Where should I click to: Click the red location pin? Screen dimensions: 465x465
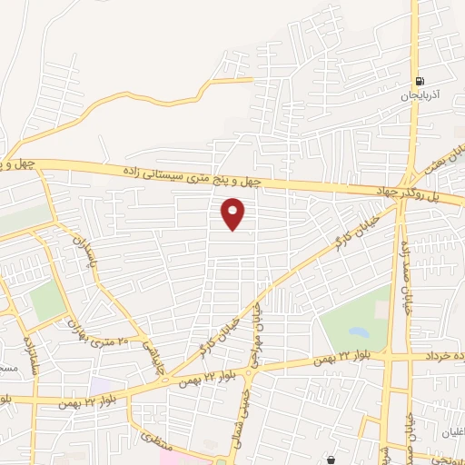[x=234, y=214]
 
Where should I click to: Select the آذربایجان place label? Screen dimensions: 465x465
[x=418, y=94]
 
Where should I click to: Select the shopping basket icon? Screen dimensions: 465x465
[x=331, y=460]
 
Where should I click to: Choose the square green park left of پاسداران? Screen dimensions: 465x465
[x=47, y=301]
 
